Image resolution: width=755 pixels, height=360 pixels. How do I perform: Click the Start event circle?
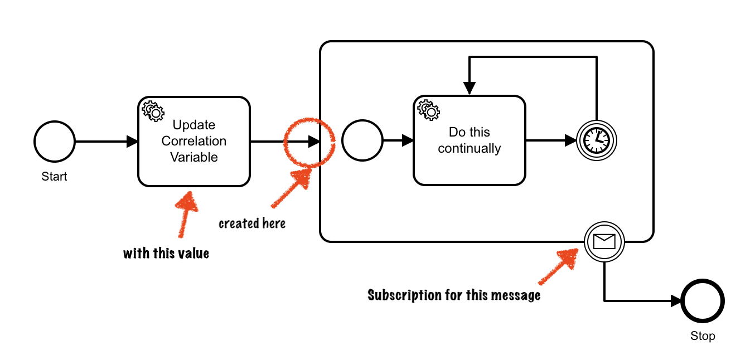tap(55, 142)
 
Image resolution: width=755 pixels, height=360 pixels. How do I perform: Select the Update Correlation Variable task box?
tap(193, 142)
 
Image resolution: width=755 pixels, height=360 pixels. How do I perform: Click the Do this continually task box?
tap(469, 140)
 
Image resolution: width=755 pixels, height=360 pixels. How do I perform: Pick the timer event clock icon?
tap(597, 140)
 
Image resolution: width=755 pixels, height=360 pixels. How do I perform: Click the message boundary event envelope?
tap(604, 241)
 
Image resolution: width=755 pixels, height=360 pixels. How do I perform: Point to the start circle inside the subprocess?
tap(362, 141)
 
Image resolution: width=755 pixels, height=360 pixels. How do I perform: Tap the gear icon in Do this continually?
tap(428, 110)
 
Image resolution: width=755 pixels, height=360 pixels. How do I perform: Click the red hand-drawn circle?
tap(309, 143)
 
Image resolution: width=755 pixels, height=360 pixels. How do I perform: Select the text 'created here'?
tap(252, 223)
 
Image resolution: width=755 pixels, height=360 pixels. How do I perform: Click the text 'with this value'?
tap(166, 254)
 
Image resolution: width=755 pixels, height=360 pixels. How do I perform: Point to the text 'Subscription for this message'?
tap(454, 295)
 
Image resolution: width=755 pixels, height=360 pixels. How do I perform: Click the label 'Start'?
tap(54, 177)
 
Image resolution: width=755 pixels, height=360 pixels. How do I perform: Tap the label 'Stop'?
tap(703, 336)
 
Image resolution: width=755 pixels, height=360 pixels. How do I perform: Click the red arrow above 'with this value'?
tap(186, 215)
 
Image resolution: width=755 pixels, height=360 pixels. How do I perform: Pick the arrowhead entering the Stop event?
tap(675, 301)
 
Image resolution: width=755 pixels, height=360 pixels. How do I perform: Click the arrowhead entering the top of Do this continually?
tap(470, 89)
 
